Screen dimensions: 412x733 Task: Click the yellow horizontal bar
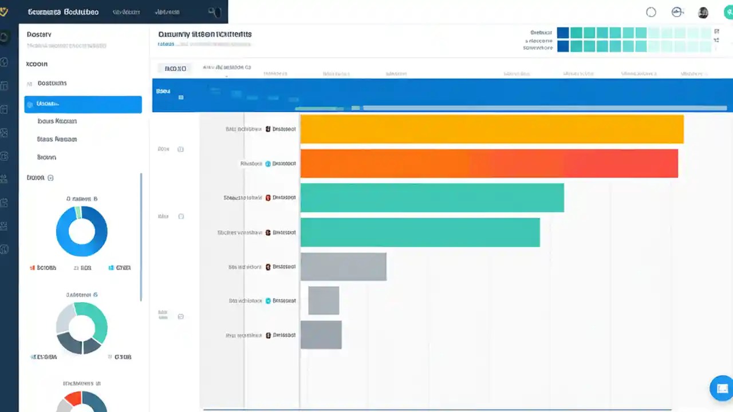pos(491,129)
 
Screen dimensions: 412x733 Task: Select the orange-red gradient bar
pos(488,164)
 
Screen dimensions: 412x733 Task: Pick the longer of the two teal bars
pos(432,197)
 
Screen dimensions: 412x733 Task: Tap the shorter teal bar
pos(420,232)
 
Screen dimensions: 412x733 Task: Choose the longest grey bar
pos(343,267)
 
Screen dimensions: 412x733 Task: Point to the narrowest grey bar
pos(324,301)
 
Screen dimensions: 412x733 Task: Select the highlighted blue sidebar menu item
pos(83,104)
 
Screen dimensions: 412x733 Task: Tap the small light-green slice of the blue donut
pos(78,212)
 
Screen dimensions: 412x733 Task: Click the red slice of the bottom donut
pos(73,398)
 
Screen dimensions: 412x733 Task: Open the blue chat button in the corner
pos(721,388)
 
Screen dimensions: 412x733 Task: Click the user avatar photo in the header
pos(703,13)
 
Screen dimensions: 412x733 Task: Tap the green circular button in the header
pos(728,13)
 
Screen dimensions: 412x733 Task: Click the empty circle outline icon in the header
pos(651,13)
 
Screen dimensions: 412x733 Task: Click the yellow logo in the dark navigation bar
pos(4,11)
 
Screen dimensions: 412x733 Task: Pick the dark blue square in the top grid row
pos(563,33)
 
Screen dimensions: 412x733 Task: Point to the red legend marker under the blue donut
pos(32,267)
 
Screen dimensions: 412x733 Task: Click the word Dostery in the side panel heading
pos(39,34)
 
